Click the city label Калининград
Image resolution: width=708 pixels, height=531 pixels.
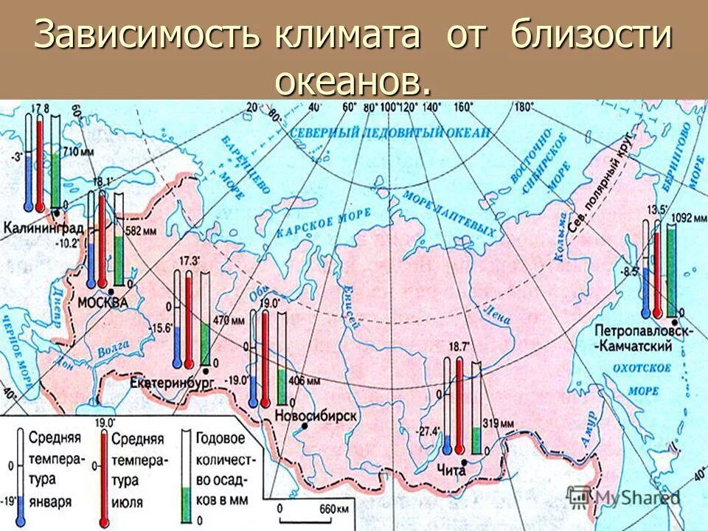pyautogui.click(x=44, y=227)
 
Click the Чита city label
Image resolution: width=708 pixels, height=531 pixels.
pyautogui.click(x=451, y=470)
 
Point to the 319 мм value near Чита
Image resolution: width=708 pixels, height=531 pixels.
pyautogui.click(x=498, y=425)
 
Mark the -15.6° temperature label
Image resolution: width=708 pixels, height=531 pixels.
pyautogui.click(x=158, y=328)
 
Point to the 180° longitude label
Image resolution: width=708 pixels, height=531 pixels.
pyautogui.click(x=523, y=107)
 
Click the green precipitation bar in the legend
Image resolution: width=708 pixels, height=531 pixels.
pyautogui.click(x=185, y=502)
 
